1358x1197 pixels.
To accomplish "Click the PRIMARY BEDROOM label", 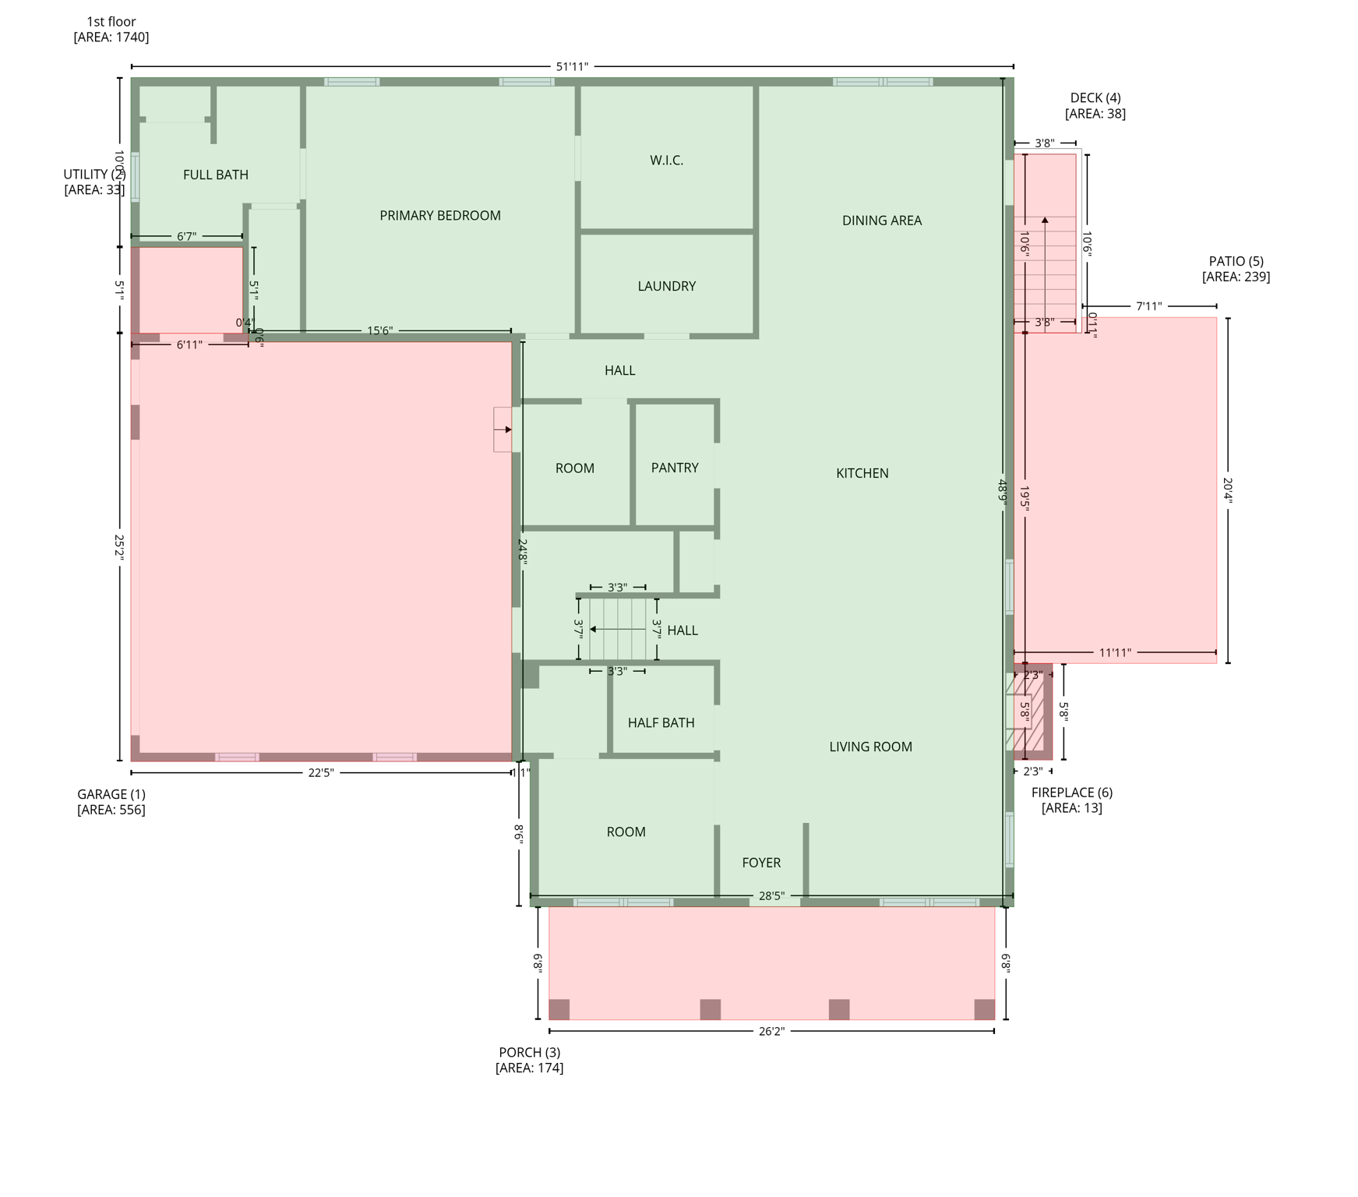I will [439, 216].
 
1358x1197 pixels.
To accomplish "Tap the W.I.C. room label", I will [666, 161].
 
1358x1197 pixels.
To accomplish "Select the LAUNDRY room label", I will [666, 286].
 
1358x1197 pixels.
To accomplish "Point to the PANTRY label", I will [674, 468].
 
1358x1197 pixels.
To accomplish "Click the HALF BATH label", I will [661, 722].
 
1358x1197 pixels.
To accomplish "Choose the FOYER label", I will [760, 863].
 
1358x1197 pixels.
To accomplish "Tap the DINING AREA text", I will [881, 221].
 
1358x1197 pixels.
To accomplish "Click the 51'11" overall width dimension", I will [571, 67].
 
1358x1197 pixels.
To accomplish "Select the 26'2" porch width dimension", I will [771, 1031].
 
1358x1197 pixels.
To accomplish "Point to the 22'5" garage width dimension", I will [320, 772].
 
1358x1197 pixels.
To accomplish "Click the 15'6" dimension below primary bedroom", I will [379, 330].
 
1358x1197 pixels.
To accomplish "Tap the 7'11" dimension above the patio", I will [1148, 306].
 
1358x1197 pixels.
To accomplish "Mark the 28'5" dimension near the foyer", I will [771, 896].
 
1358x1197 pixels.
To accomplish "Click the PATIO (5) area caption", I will [1236, 269].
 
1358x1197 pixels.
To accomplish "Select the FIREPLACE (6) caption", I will [1071, 800].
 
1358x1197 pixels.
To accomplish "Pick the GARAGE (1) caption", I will [111, 801].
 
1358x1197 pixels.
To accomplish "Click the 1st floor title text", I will [111, 22].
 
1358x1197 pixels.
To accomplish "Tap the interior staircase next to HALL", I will [618, 629].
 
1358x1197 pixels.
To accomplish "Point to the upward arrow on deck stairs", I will [1045, 222].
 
